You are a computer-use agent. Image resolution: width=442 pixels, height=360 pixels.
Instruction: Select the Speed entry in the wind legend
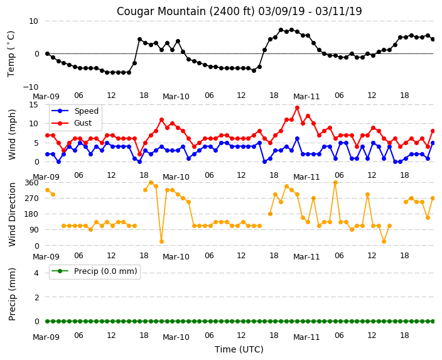click(86, 111)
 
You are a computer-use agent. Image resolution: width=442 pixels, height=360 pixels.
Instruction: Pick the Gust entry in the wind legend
click(83, 123)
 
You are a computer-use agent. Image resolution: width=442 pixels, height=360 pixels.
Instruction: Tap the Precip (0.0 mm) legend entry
click(105, 271)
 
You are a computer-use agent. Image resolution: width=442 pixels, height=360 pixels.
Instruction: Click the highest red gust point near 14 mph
click(297, 108)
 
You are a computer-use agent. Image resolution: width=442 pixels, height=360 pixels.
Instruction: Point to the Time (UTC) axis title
click(239, 349)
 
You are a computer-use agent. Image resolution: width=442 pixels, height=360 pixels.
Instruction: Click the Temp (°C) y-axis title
click(11, 54)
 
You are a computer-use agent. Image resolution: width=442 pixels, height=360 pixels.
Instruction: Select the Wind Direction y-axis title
click(12, 214)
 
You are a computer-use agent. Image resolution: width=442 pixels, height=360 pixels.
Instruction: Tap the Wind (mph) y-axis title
click(12, 134)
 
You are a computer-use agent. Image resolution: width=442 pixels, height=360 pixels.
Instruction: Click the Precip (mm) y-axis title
click(12, 294)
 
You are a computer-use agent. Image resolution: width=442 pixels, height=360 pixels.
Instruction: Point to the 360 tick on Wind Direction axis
click(31, 183)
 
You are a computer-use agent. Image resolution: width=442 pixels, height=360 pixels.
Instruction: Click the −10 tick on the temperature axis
click(31, 87)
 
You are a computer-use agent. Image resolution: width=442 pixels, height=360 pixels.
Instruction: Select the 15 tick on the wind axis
click(34, 105)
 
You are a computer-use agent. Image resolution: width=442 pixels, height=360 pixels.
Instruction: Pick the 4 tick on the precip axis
click(36, 273)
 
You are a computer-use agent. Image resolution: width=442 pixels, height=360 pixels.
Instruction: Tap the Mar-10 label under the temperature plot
click(176, 97)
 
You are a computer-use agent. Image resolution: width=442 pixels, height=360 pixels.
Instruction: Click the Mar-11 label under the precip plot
click(306, 337)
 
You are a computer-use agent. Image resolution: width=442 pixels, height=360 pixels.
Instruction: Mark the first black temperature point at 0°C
click(47, 53)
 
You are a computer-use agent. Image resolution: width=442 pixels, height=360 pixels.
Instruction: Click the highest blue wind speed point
click(297, 138)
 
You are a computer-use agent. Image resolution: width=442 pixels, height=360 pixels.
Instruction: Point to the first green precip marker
click(47, 321)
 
